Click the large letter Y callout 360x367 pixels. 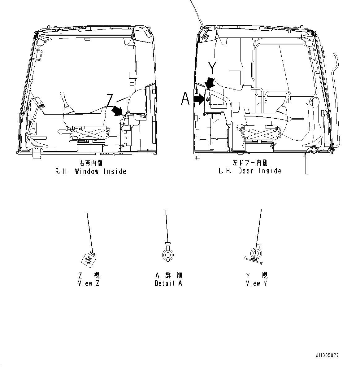pos(212,68)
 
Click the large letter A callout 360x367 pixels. pos(185,99)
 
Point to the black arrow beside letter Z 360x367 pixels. pos(117,111)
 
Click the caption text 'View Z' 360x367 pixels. pos(89,283)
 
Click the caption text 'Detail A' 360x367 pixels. pos(168,283)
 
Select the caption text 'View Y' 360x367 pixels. pos(256,283)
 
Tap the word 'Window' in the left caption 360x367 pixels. pos(87,171)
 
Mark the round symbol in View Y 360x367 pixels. pos(256,253)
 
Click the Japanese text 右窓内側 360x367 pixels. pos(91,164)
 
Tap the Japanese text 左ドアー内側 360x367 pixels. pos(250,163)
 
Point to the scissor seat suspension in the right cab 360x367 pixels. pos(262,133)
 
